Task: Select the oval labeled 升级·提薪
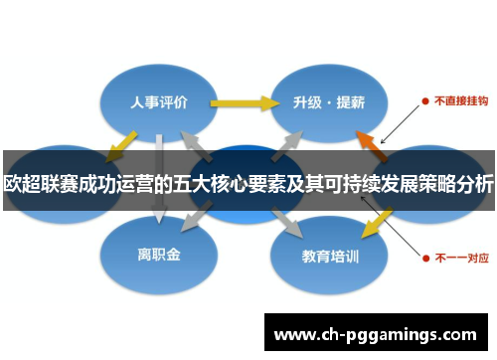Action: click(x=328, y=101)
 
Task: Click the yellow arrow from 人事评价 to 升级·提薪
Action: click(x=244, y=101)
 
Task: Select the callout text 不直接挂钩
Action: click(x=457, y=100)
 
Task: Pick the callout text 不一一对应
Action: click(x=457, y=256)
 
